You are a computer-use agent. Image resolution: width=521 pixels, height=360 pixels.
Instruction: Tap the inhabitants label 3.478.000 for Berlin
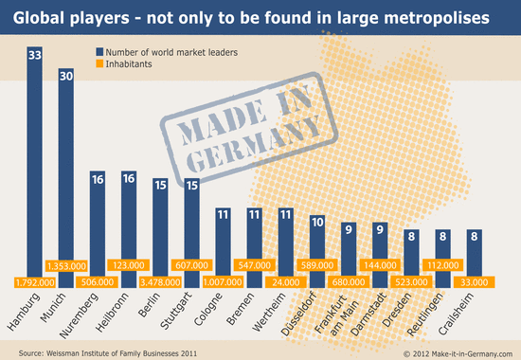(160, 282)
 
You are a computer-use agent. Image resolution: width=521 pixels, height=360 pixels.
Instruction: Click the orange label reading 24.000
(286, 282)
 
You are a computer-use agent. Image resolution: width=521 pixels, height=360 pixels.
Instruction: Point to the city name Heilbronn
(112, 312)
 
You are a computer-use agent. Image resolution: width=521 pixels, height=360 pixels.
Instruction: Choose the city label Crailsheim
(456, 315)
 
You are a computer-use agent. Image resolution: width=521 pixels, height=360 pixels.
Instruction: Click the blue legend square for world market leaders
(99, 52)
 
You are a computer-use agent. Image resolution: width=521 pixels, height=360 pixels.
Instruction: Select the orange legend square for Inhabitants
(99, 63)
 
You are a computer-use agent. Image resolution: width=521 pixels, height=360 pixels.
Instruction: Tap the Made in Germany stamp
(249, 129)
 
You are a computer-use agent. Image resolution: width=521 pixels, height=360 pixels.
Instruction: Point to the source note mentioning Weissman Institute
(108, 353)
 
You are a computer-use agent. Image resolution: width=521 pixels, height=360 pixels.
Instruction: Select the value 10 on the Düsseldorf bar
(317, 222)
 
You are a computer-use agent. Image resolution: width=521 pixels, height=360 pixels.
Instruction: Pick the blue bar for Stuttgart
(191, 233)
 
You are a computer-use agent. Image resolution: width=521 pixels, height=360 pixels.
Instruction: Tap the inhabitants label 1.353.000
(66, 266)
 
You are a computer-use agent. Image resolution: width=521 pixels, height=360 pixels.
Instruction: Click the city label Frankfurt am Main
(336, 315)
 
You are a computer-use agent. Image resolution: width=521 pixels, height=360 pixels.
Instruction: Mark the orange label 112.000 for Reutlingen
(442, 265)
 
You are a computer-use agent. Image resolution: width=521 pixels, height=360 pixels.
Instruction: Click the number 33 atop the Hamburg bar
(34, 55)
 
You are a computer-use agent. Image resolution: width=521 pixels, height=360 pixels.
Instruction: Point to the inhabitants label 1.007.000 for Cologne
(223, 282)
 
